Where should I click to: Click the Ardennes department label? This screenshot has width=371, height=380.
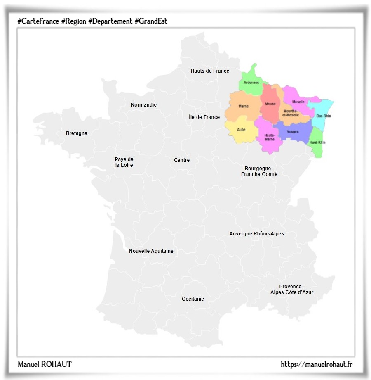251,83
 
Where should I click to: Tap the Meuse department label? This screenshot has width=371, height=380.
270,104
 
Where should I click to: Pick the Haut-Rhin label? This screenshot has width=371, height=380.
317,142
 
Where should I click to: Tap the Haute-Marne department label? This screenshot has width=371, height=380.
270,137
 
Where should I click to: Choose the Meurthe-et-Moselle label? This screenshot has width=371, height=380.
291,113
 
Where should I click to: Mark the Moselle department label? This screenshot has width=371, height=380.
298,102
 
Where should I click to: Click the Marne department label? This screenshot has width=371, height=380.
243,107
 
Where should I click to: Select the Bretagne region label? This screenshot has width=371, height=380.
77,133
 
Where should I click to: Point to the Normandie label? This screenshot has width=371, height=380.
144,105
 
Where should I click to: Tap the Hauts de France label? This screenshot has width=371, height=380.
210,71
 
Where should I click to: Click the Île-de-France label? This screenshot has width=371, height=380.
204,117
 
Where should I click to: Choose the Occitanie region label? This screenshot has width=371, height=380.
193,299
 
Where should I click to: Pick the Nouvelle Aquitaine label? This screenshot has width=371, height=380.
151,251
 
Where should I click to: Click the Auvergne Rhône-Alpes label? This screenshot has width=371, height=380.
256,234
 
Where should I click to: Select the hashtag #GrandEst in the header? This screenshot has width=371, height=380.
151,21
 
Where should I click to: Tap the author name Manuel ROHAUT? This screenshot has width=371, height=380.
45,364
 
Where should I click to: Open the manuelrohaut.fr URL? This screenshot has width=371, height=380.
317,364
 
